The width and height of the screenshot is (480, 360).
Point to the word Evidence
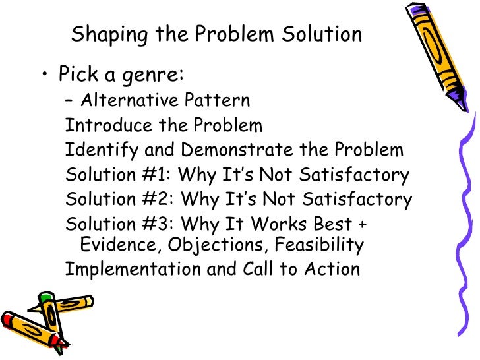coord(120,245)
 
